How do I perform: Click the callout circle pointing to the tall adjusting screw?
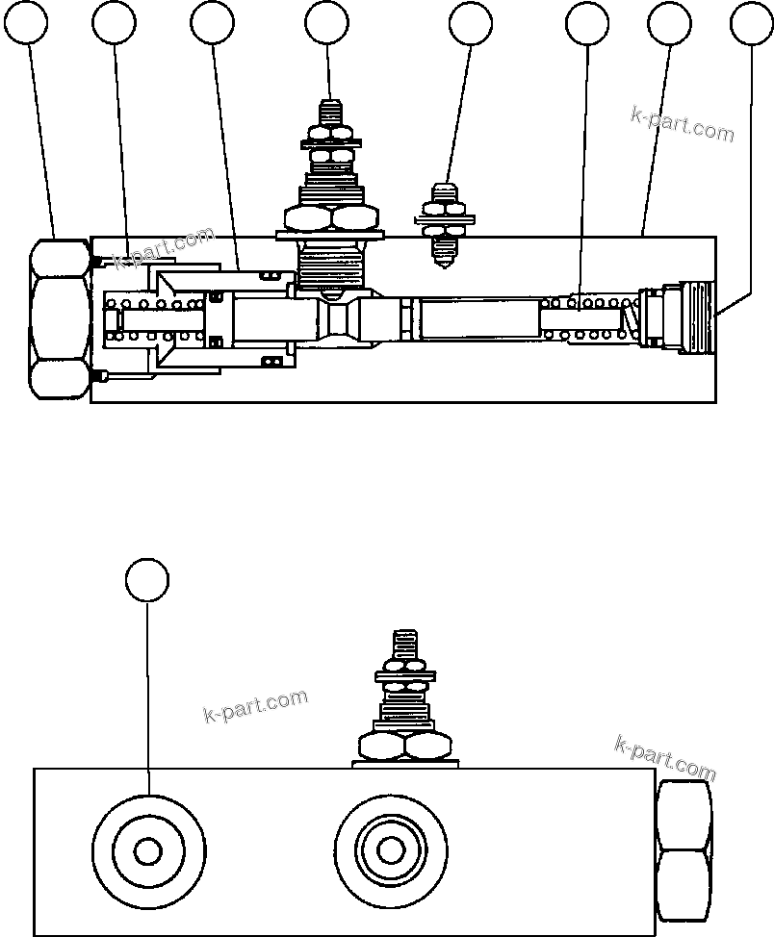pos(326,23)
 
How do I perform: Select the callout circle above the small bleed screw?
pos(471,23)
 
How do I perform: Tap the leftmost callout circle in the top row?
pos(29,23)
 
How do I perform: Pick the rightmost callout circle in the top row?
pos(752,23)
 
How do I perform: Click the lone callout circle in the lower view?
pos(147,580)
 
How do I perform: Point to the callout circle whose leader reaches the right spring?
pos(587,23)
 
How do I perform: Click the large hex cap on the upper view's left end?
pos(60,319)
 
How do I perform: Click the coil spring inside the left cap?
pos(154,319)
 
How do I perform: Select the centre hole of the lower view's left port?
pos(147,851)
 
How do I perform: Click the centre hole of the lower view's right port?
pos(390,850)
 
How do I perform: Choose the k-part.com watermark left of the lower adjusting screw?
pos(255,706)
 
